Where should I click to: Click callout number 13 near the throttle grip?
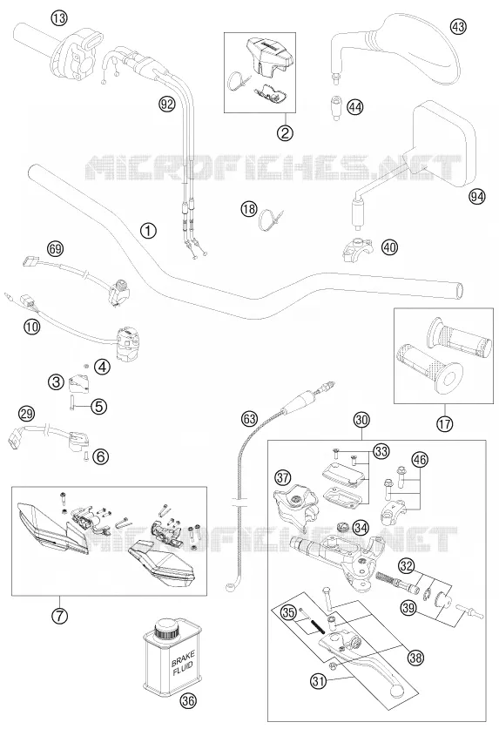coord(59,18)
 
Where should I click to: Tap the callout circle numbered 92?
coord(166,104)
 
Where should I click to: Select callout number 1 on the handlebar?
coord(148,230)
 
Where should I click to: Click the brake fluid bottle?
coord(172,657)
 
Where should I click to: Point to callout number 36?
coord(188,700)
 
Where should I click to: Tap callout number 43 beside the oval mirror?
coord(458,27)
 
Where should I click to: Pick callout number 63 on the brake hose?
coord(249,419)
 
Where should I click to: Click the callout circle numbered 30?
coord(361,420)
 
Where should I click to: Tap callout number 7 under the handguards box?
coord(59,617)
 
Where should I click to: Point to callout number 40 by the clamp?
coord(390,246)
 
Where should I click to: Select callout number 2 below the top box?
coord(285,133)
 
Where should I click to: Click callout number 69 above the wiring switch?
coord(55,249)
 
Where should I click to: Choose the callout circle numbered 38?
coord(415,658)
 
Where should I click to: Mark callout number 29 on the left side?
coord(26,413)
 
